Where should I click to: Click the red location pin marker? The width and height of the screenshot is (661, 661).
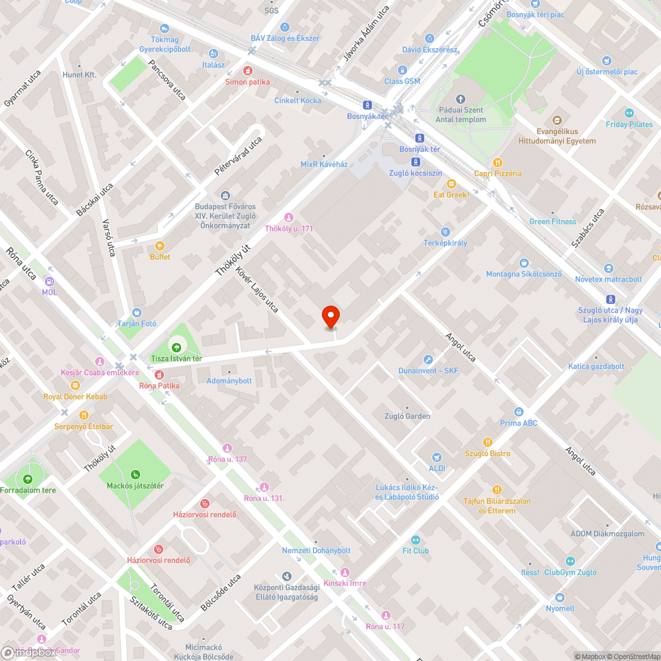[330, 317]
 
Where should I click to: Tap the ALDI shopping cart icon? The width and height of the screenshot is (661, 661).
[436, 457]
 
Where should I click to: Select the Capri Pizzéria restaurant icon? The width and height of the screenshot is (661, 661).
[498, 162]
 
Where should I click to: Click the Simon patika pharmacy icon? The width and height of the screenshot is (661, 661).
[248, 70]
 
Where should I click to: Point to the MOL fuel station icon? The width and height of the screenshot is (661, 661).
[50, 281]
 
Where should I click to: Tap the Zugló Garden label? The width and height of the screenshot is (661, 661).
[407, 416]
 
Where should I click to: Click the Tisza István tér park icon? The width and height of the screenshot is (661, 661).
[176, 347]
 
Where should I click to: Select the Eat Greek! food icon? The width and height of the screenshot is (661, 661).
[451, 184]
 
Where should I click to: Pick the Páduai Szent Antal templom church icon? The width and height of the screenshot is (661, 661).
[461, 98]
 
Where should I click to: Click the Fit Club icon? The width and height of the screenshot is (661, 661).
[416, 539]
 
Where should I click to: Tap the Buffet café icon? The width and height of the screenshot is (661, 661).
[160, 246]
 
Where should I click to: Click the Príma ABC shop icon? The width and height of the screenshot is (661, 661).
[519, 412]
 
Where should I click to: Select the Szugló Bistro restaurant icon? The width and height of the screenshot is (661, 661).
[488, 442]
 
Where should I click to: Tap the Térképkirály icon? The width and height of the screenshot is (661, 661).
[446, 232]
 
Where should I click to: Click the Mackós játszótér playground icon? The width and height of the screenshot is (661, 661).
[136, 474]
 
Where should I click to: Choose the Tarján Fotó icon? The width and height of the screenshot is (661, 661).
[136, 313]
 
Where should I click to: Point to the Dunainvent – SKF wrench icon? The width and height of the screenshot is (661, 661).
[428, 360]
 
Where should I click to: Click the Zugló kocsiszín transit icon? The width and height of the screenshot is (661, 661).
[415, 161]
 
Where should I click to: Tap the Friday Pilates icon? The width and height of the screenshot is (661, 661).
[629, 113]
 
